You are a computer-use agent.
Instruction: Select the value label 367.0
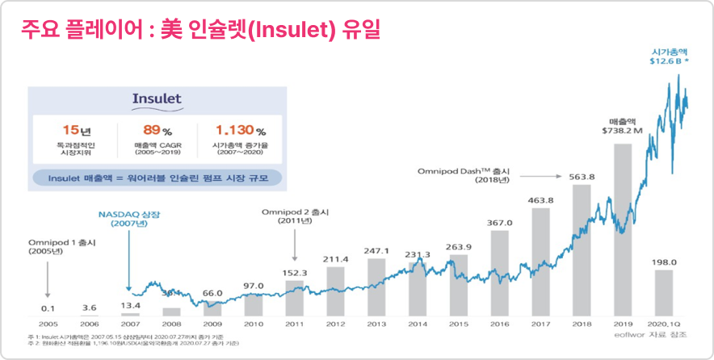(500, 223)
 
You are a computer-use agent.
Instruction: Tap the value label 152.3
(295, 273)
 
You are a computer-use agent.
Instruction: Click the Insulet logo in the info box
(157, 99)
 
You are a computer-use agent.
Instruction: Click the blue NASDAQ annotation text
(128, 216)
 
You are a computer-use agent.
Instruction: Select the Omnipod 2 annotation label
(292, 211)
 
